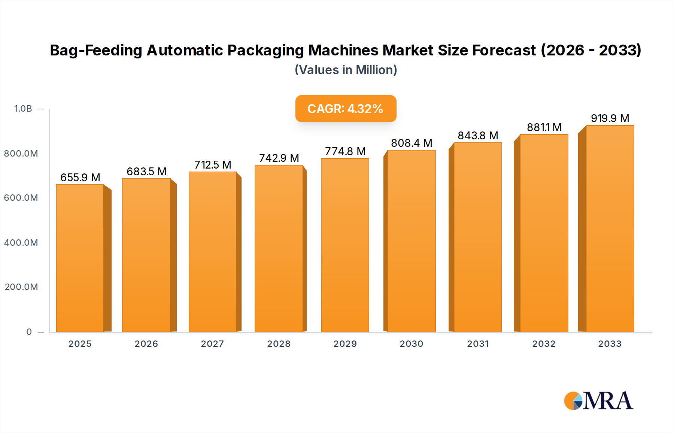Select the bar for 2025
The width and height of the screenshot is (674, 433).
click(80, 258)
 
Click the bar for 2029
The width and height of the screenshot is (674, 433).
click(345, 245)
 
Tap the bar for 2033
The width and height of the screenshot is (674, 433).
click(610, 228)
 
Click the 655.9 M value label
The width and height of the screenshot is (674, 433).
click(80, 178)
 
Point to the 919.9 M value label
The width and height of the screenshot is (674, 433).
click(610, 118)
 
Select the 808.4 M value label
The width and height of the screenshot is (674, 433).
click(412, 143)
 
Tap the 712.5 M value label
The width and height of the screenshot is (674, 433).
click(213, 165)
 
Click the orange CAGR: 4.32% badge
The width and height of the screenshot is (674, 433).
click(346, 109)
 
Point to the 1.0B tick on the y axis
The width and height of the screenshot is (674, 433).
click(23, 109)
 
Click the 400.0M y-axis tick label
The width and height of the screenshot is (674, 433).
click(21, 243)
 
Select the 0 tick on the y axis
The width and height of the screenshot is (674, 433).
click(29, 332)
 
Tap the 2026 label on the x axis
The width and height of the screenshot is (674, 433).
click(146, 344)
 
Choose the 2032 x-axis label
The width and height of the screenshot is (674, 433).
click(544, 344)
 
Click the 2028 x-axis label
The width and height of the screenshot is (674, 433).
click(279, 344)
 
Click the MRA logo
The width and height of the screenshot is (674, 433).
click(598, 401)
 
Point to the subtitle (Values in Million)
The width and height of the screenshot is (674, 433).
click(346, 70)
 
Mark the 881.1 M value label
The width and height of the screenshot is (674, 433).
click(544, 127)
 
